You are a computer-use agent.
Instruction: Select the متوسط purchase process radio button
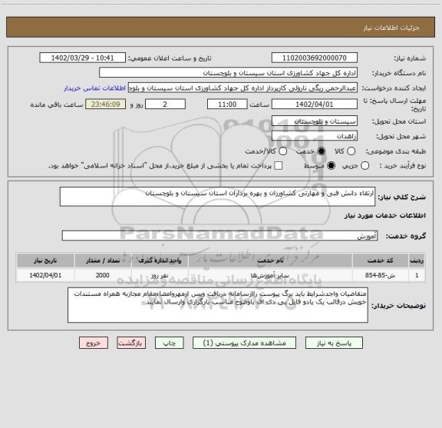click(331, 166)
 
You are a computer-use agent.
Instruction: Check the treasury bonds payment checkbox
click(278, 166)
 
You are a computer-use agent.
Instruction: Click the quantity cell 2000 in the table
click(102, 274)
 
